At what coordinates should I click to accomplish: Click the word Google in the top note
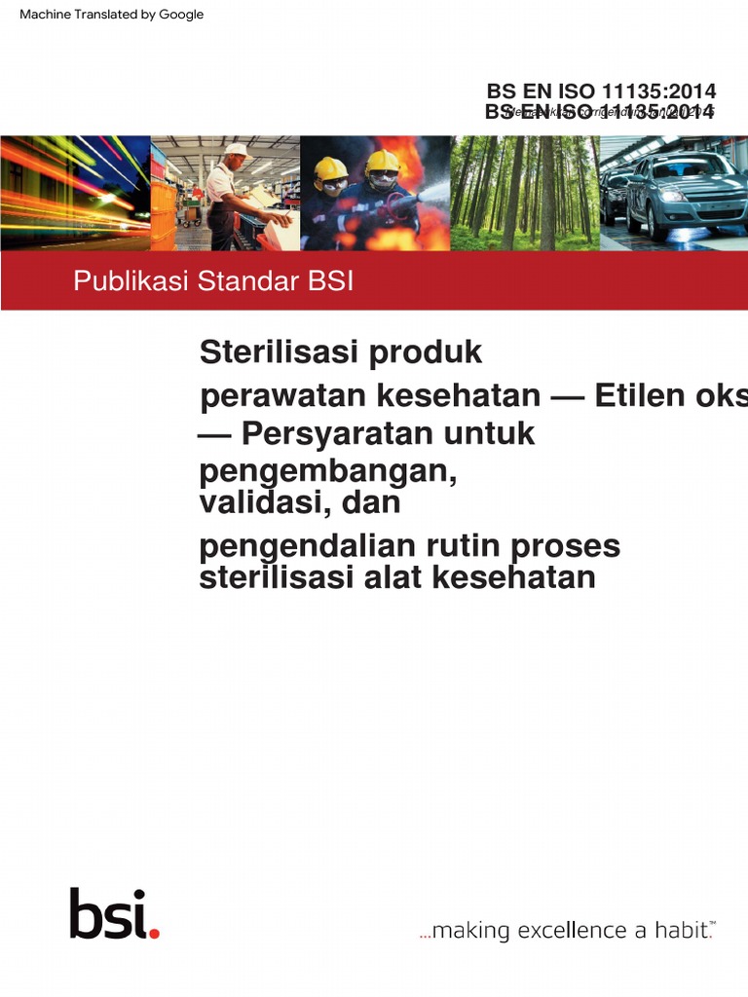pos(180,15)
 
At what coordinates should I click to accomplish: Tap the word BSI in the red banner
pos(330,282)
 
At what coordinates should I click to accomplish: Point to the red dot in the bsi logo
pos(154,933)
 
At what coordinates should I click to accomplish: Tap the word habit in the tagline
pos(679,931)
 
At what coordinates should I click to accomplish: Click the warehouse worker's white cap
pos(237,151)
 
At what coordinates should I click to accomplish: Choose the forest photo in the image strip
pos(524,193)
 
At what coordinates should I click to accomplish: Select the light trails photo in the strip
pos(75,193)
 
